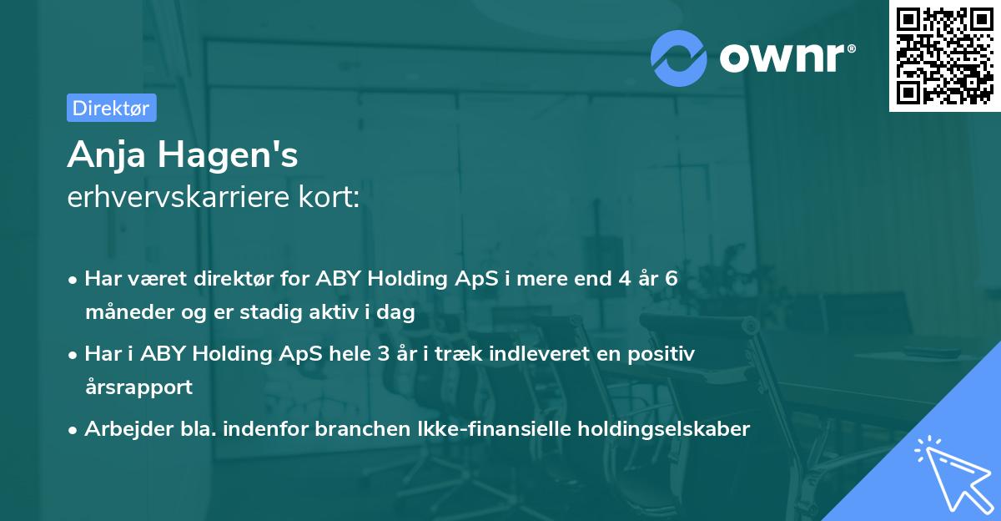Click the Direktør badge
tap(111, 108)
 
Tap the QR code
tap(943, 55)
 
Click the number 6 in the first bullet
tap(671, 279)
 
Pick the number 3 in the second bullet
tap(383, 354)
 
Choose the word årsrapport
tap(138, 387)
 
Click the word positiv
tap(664, 354)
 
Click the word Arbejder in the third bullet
tap(122, 429)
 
